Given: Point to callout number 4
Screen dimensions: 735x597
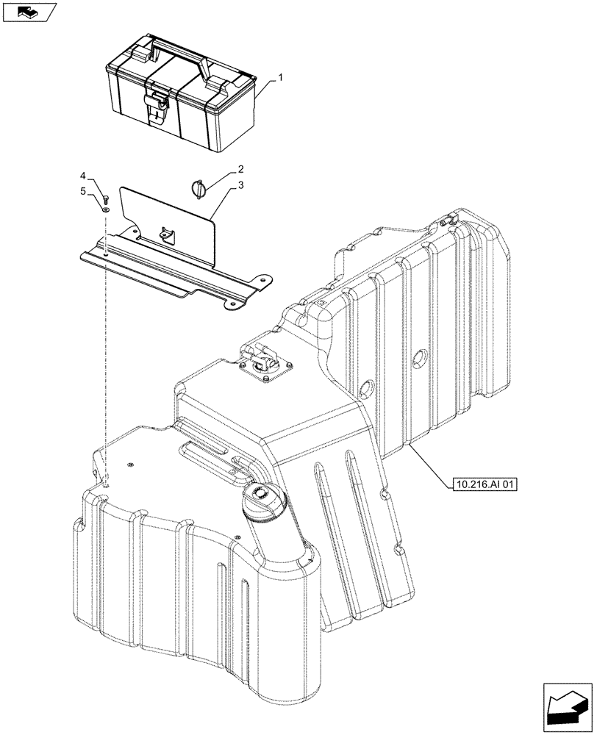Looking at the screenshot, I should (83, 176).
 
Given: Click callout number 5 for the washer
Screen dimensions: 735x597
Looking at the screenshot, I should (83, 191).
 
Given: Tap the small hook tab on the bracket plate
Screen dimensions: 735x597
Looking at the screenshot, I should (165, 234).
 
